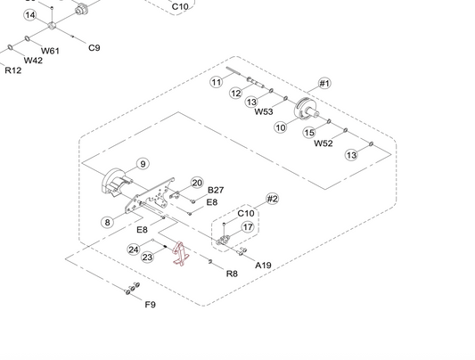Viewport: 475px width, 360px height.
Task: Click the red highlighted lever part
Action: [181, 254]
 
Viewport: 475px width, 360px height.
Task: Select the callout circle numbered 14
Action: [30, 15]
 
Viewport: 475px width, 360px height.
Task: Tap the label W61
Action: [50, 51]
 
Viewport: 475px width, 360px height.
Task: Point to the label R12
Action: [13, 70]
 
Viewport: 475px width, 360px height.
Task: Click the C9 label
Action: [94, 48]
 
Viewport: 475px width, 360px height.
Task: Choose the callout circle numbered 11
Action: [217, 82]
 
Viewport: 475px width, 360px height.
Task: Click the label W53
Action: [264, 111]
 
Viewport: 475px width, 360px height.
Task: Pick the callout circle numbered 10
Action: [281, 127]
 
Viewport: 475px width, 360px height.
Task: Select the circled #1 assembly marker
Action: [324, 83]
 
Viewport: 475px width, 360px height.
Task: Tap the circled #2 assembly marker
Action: [273, 199]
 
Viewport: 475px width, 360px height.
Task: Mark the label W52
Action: [323, 143]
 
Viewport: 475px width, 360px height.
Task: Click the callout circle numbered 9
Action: [143, 164]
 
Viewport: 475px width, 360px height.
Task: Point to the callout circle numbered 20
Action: [197, 183]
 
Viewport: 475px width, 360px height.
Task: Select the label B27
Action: [216, 190]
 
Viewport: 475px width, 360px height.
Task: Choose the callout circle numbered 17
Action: [248, 226]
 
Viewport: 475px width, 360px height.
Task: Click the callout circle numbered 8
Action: [107, 222]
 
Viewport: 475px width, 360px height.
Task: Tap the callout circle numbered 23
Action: [148, 258]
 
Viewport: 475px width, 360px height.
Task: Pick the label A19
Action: [263, 266]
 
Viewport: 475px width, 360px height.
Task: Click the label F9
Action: [151, 304]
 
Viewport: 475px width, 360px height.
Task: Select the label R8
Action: [232, 274]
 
